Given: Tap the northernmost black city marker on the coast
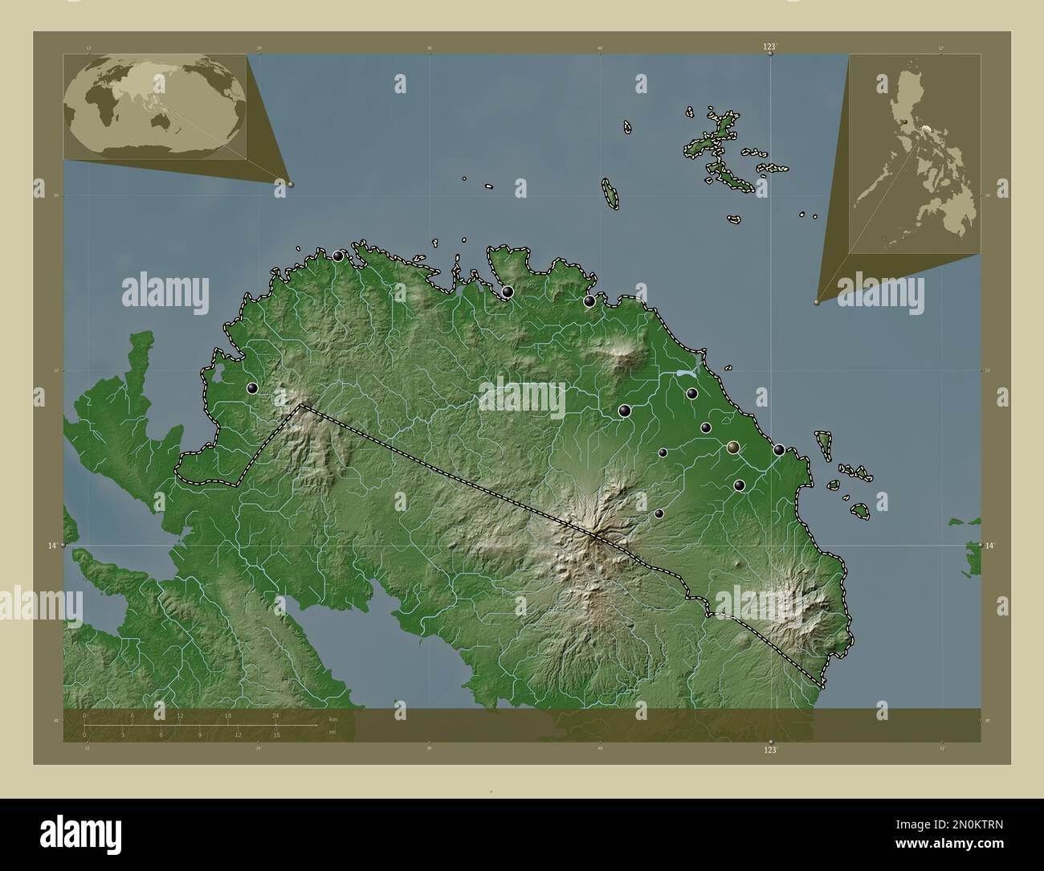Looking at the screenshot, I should click(338, 256).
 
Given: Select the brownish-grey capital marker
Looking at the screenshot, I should click(732, 447).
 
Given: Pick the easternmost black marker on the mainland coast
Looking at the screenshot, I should click(779, 450).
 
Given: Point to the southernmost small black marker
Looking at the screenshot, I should click(659, 513).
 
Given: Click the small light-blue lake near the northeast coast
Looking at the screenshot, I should click(684, 374).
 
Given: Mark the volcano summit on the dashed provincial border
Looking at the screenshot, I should click(596, 534).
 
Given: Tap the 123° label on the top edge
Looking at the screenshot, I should click(770, 47).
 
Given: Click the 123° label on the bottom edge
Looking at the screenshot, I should click(770, 750).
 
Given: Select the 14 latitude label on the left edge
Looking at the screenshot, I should click(51, 545).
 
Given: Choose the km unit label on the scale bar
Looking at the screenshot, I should click(332, 719).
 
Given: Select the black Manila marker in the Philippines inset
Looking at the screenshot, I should click(906, 121).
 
